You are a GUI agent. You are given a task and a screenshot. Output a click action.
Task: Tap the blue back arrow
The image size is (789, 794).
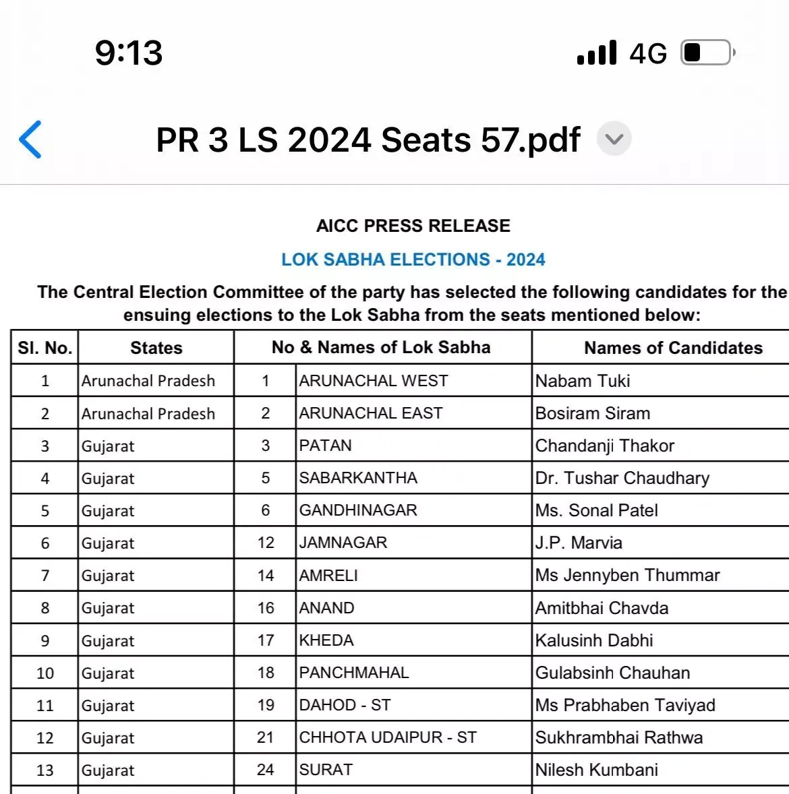click(31, 140)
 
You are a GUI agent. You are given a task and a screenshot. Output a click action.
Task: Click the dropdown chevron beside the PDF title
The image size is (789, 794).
click(614, 140)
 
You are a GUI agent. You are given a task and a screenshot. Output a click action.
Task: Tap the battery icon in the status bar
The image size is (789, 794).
click(707, 53)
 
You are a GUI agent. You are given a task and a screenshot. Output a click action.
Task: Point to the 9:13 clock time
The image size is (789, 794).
click(129, 53)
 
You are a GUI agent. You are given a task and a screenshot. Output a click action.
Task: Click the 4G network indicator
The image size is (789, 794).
click(648, 53)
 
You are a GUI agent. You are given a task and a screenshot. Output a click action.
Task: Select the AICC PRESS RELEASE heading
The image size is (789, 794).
click(413, 226)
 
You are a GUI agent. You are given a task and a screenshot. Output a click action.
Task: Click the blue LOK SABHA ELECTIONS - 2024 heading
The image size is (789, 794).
click(413, 259)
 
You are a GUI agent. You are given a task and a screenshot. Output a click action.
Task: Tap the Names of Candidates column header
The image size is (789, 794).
click(673, 348)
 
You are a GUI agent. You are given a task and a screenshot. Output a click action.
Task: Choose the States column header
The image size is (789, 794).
click(156, 348)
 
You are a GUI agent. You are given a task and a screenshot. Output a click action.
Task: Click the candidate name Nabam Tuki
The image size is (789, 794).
click(583, 381)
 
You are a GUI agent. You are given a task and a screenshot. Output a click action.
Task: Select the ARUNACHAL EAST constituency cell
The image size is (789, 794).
click(371, 413)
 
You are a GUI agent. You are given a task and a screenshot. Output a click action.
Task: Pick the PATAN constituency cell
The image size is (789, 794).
click(326, 446)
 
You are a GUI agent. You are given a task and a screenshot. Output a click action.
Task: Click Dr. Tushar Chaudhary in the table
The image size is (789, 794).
click(622, 478)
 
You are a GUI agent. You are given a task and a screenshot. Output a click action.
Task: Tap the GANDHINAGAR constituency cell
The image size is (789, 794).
click(358, 510)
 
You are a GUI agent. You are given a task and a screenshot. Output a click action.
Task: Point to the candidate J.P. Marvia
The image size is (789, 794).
click(579, 543)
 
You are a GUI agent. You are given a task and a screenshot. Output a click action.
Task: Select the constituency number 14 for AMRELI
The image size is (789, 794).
click(266, 576)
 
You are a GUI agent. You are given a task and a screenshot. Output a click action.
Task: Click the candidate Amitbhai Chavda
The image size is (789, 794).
click(602, 608)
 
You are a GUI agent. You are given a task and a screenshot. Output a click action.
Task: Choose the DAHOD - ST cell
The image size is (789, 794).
click(345, 705)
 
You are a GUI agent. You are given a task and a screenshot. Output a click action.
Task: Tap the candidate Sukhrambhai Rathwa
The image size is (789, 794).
click(618, 737)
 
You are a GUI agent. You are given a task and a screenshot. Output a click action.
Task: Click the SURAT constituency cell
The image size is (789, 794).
click(326, 770)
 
